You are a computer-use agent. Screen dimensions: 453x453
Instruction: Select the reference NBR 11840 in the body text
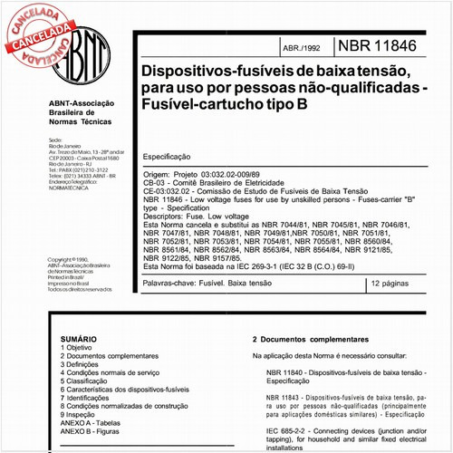[x=289, y=372]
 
